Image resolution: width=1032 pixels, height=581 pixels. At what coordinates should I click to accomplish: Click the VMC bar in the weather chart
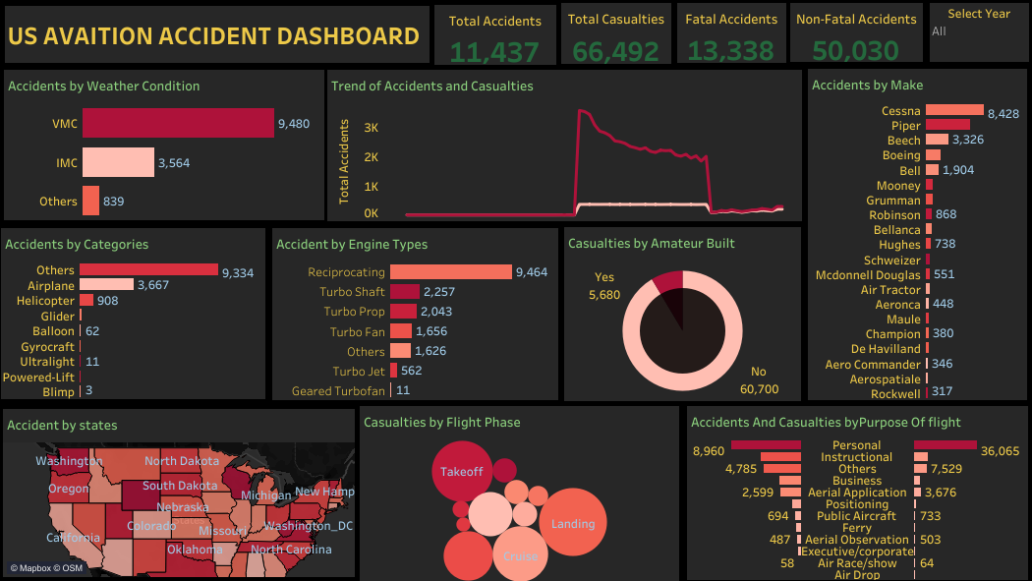point(178,123)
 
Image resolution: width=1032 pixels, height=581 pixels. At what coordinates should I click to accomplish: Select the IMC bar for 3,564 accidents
point(118,162)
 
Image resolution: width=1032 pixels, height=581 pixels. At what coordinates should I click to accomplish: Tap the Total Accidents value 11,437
point(494,51)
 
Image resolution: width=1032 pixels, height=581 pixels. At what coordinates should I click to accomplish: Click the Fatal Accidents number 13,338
point(731,51)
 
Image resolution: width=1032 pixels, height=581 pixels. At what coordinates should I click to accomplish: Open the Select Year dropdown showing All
point(977,31)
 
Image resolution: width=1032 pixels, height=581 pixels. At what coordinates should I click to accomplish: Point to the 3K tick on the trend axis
point(372,128)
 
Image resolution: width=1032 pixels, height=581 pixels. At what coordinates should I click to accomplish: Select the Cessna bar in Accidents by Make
point(954,111)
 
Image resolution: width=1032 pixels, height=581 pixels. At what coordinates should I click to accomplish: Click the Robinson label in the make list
point(894,215)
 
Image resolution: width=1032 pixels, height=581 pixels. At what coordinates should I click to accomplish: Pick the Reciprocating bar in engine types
point(451,272)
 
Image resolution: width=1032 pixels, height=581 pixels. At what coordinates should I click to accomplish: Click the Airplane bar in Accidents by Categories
point(106,285)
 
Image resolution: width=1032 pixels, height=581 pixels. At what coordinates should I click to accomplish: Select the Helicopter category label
point(45,301)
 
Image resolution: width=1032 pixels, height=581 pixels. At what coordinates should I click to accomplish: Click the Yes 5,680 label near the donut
point(606,286)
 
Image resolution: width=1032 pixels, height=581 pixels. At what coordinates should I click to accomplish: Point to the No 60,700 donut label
point(759,381)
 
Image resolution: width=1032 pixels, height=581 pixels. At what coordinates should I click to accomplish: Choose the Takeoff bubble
point(462,472)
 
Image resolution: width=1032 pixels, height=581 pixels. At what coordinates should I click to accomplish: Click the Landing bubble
point(573,524)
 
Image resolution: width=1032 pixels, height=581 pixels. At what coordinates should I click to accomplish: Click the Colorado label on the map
point(152,526)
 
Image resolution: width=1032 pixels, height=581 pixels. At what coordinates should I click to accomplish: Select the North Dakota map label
point(182,461)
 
